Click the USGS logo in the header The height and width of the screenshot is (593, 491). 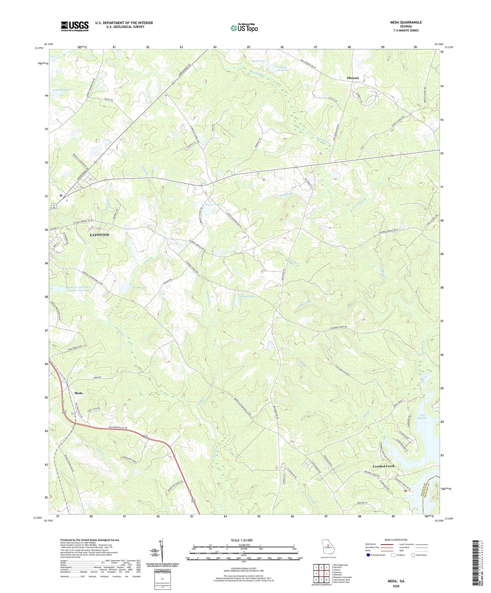point(75,26)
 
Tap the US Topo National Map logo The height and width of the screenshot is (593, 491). point(244,28)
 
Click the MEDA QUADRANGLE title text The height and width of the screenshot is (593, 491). point(406,22)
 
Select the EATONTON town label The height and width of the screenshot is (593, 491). point(100,235)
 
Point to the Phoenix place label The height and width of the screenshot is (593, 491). point(353,78)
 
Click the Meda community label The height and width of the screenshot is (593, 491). point(79,393)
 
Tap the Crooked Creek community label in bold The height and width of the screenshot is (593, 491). point(384,466)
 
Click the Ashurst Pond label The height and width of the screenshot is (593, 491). point(61,90)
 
